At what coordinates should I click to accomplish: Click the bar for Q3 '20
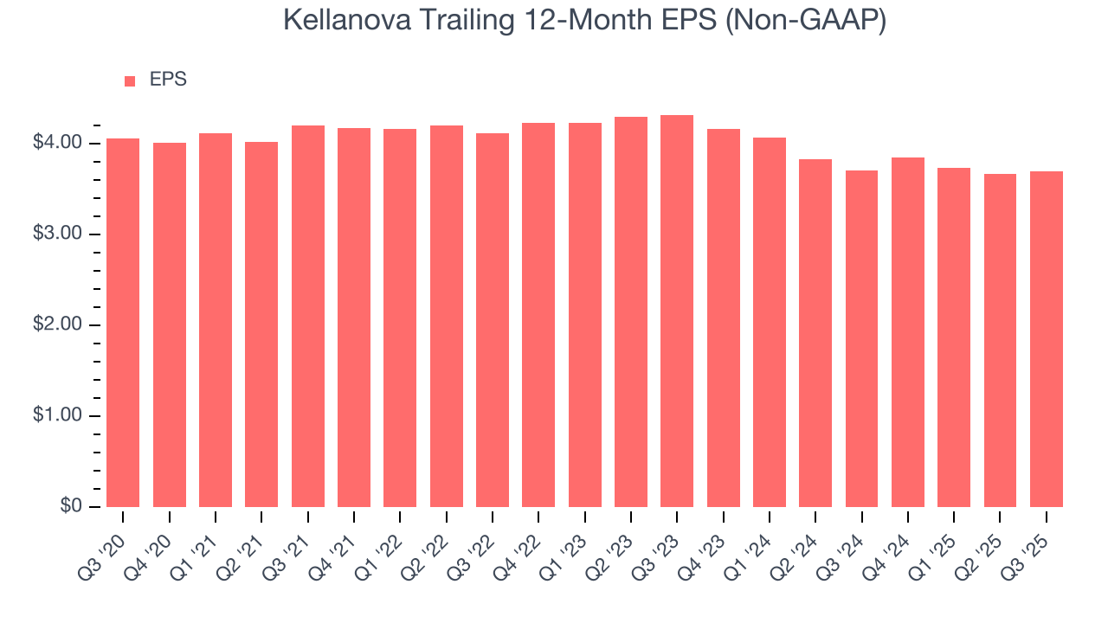[123, 323]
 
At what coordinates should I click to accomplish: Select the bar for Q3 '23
[677, 311]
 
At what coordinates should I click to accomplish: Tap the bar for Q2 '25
[1000, 341]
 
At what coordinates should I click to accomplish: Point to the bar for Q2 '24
[815, 333]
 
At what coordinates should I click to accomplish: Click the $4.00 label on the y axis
[57, 143]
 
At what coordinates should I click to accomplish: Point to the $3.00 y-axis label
[57, 234]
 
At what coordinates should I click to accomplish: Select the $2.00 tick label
[57, 325]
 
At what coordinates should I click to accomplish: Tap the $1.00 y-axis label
[57, 416]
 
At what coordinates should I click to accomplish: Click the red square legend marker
[130, 81]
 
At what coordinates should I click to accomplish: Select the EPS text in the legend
[168, 80]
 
